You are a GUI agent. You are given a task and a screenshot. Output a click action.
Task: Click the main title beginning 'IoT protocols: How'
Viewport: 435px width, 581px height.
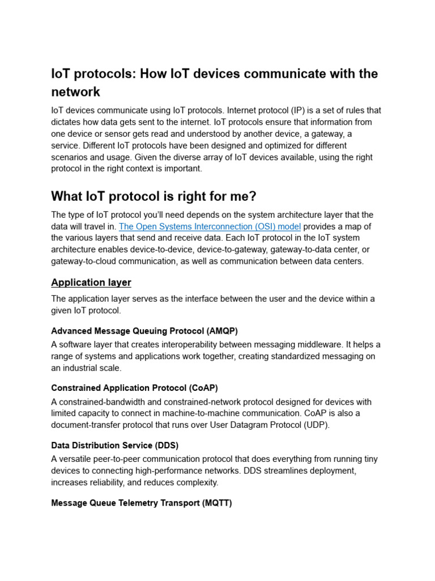214,82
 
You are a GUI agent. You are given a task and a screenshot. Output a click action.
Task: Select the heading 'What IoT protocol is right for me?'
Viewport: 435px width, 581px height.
153,196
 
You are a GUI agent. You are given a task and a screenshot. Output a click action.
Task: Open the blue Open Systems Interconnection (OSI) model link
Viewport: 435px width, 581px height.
210,226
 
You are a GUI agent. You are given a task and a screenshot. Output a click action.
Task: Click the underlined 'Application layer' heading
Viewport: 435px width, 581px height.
91,282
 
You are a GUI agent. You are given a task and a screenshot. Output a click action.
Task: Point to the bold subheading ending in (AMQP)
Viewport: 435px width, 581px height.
144,331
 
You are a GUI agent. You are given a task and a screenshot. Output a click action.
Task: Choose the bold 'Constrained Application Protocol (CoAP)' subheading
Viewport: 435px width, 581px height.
134,388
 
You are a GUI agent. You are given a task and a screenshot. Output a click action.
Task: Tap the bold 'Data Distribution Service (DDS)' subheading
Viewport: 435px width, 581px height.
115,445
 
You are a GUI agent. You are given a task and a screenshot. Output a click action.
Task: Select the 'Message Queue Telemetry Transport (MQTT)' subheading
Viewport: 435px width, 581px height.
142,503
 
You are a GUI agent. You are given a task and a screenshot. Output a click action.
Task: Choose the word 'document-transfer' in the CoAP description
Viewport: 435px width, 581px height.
87,425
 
